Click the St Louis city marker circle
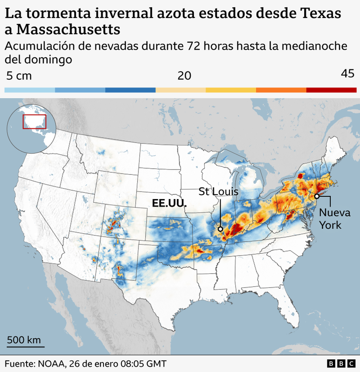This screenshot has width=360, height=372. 220,229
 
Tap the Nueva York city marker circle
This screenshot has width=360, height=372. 316,196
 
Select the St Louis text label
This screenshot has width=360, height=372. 219,191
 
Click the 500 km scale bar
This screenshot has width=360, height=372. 26,347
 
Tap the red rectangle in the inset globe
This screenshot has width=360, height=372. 35,121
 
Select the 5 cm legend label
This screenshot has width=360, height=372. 19,76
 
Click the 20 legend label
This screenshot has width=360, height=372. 184,76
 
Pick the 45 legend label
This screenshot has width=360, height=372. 347,74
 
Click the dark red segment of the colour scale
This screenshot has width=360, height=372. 331,90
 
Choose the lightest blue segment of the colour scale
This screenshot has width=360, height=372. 30,90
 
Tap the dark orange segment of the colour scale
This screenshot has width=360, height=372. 281,90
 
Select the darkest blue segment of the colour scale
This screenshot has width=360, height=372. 130,90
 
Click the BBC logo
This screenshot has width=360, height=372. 341,363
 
